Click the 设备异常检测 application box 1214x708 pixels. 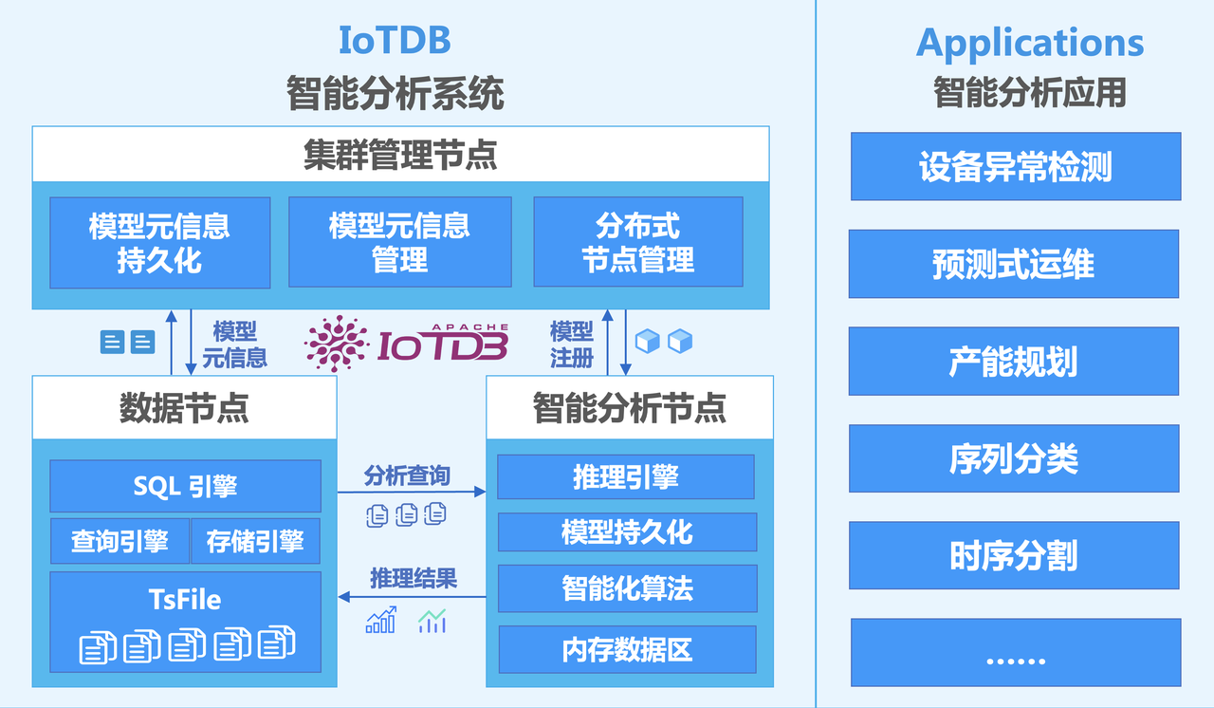[1015, 166]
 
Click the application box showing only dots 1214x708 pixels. [1015, 652]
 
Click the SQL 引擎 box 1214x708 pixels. [185, 486]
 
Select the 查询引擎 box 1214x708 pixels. [120, 541]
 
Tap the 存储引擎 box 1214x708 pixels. [255, 541]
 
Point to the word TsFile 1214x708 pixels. [185, 599]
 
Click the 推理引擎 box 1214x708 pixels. [626, 476]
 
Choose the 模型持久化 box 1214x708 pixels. [627, 532]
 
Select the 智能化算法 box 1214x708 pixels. [627, 588]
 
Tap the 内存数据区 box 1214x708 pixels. [627, 649]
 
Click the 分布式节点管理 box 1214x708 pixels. [638, 242]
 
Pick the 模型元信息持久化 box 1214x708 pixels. [159, 242]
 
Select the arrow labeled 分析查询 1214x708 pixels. [411, 493]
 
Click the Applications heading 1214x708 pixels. [1030, 43]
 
